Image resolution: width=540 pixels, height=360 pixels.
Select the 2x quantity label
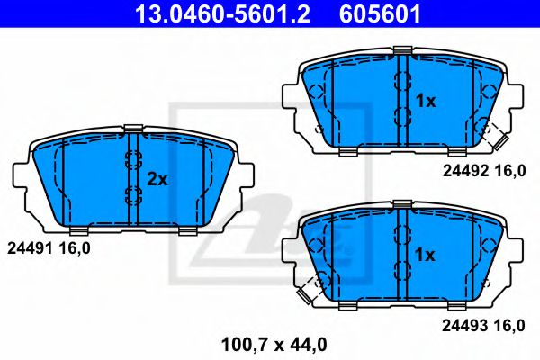pos(157,179)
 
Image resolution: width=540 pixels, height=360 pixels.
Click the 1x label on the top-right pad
pos(425,102)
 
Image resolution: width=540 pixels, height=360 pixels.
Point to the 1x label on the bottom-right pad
pos(425,256)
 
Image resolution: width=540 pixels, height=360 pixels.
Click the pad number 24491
pos(26,245)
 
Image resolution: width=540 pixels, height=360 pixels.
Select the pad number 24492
pos(464,168)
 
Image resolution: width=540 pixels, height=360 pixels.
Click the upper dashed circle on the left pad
pos(131,162)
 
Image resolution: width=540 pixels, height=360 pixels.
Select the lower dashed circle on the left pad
pos(131,197)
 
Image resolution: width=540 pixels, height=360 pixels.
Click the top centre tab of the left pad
pos(132,129)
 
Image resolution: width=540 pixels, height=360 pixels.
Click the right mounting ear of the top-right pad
pos(517,94)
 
